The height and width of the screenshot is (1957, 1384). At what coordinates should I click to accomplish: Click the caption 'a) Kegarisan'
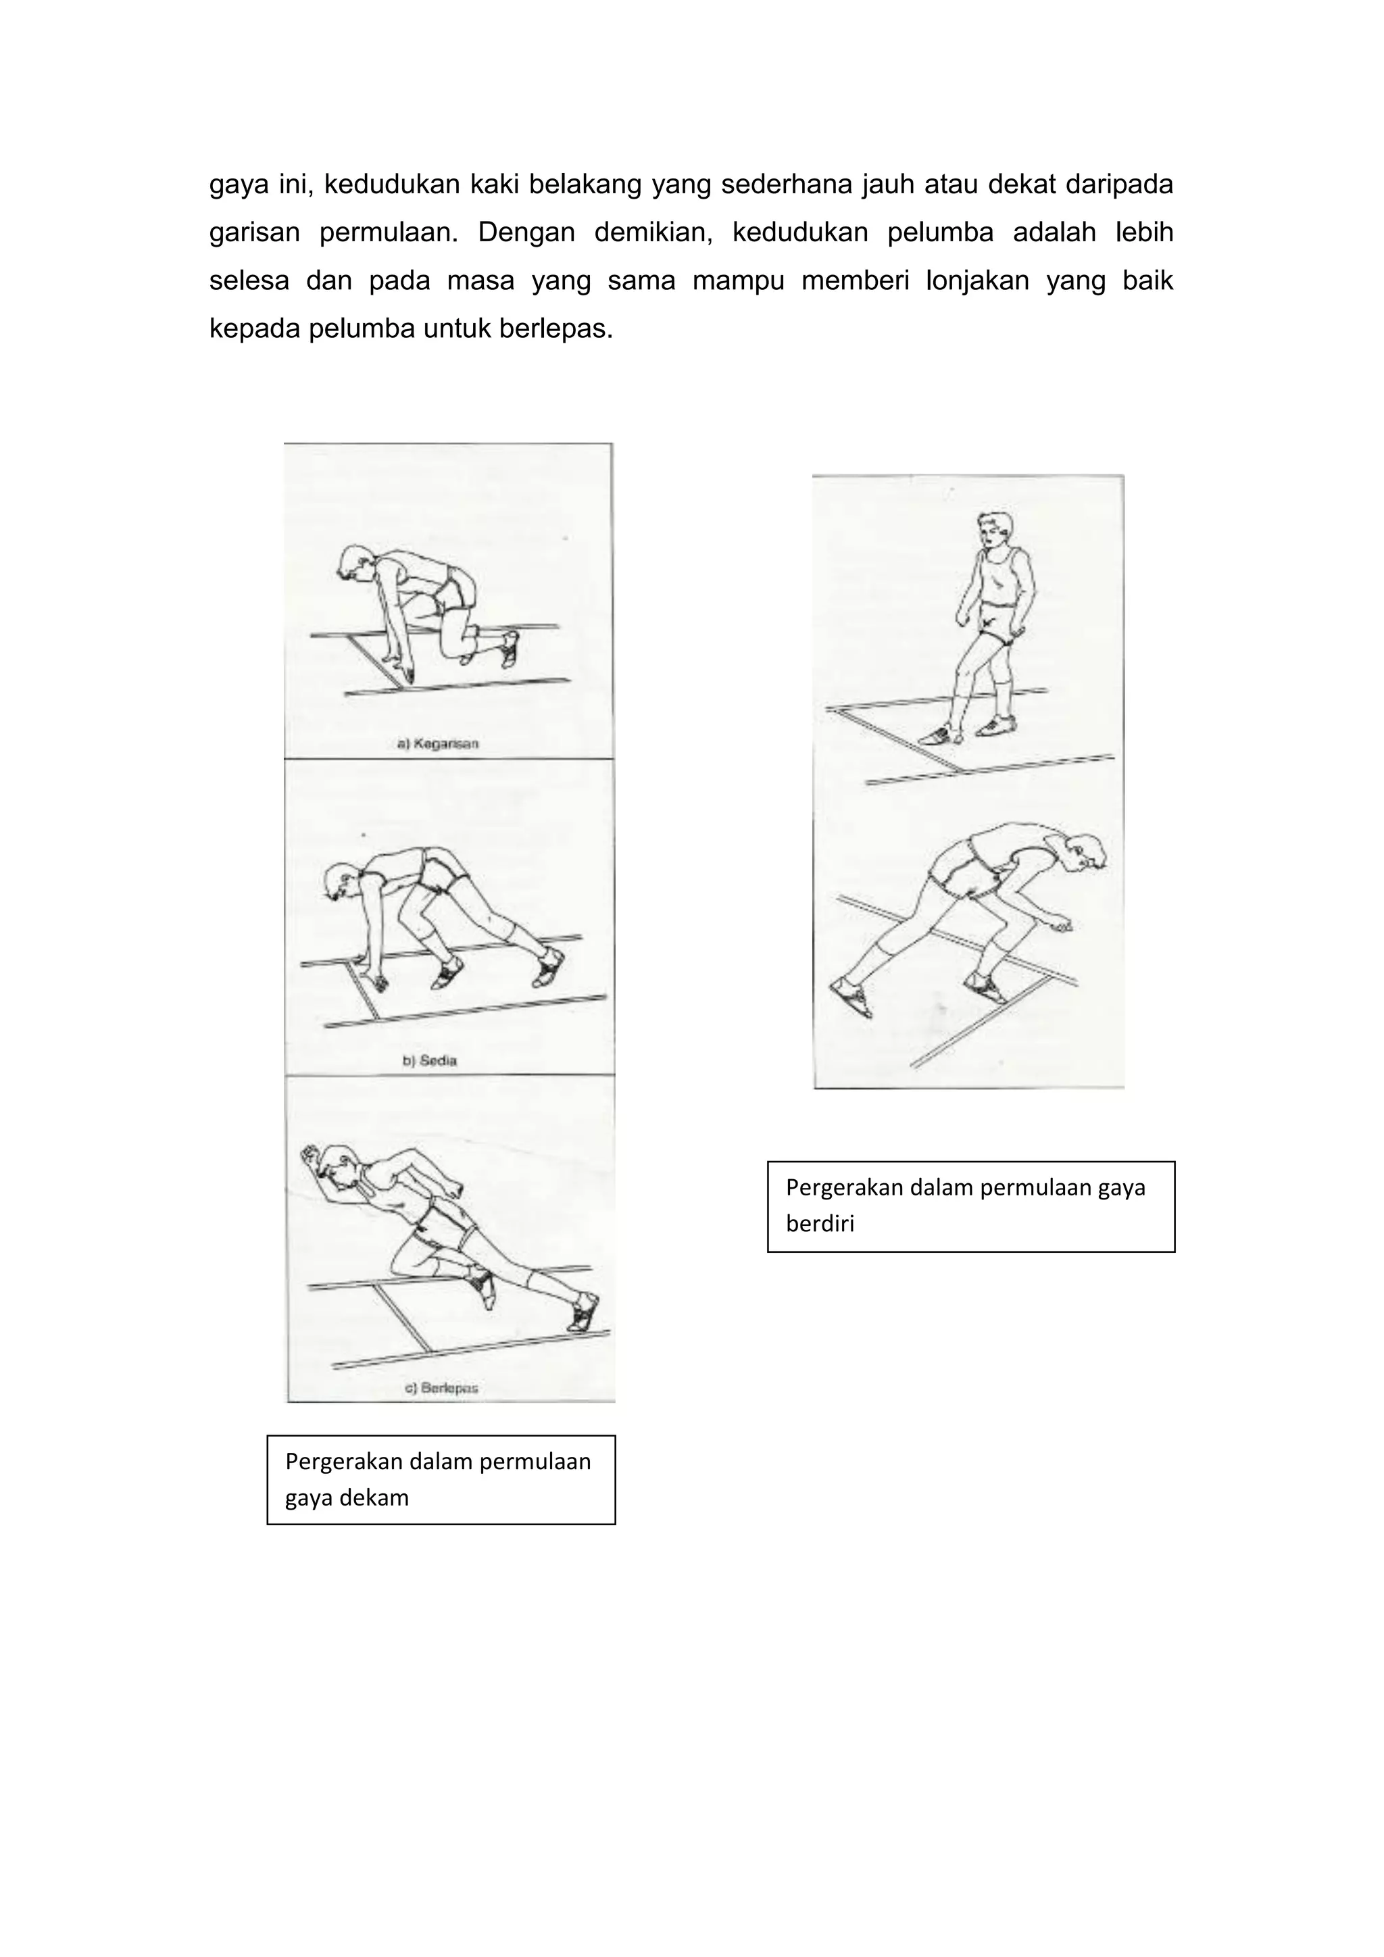coord(438,743)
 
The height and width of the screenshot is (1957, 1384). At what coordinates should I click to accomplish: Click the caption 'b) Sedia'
coord(430,1061)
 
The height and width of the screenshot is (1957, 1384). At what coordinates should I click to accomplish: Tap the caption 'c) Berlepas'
coord(441,1387)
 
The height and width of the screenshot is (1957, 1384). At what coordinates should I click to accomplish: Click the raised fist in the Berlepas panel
coord(310,1154)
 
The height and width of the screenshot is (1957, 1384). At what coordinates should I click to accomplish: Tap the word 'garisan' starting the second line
coord(254,232)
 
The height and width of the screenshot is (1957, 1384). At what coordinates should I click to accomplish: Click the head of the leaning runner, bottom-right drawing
coord(1084,851)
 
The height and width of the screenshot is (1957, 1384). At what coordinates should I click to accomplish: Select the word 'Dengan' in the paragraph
coord(525,232)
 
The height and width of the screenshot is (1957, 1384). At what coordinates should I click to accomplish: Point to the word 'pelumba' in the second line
coord(940,232)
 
